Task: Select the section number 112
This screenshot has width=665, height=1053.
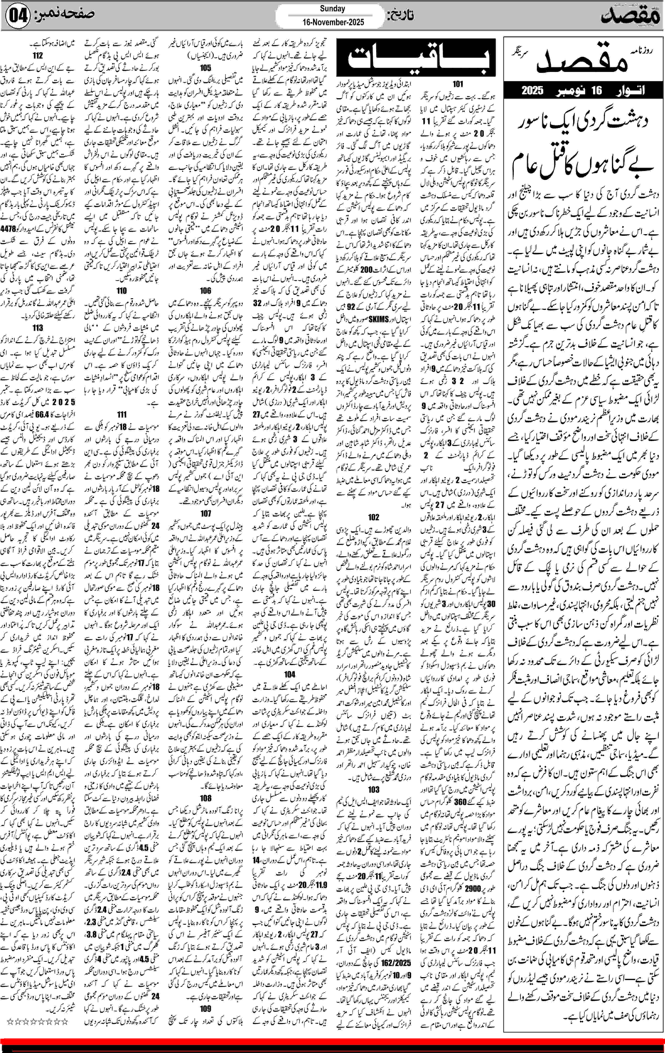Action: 38,56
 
